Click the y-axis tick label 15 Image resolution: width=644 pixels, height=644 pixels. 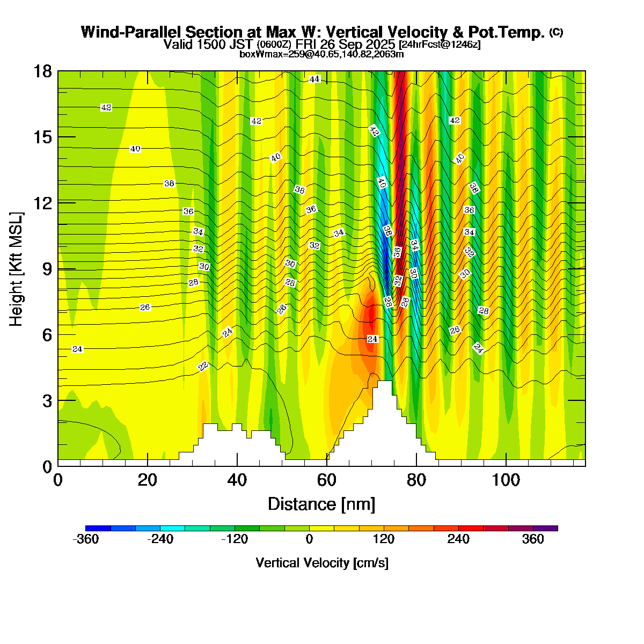point(42,137)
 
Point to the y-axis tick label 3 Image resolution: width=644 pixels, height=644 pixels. point(47,401)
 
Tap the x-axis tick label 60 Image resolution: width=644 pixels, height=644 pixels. point(326,479)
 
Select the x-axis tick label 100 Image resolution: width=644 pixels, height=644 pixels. point(506,479)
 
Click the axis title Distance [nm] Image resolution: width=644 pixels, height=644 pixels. point(321,504)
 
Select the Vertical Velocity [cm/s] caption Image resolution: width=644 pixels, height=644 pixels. point(322,563)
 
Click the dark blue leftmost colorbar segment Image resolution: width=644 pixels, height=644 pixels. point(98,529)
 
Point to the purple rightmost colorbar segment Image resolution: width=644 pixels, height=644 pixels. point(545,529)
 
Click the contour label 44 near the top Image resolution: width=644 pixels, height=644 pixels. point(314,79)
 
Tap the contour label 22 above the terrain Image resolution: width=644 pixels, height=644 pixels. point(203,367)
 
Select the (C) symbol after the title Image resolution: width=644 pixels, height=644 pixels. point(556,32)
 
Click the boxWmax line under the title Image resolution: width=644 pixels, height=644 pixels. point(321,54)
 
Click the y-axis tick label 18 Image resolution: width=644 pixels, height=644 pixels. point(42,71)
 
